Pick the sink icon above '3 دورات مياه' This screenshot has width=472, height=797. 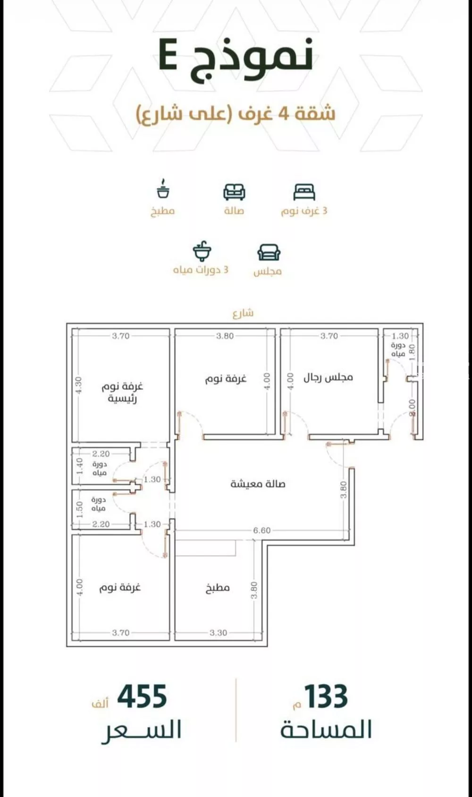202,251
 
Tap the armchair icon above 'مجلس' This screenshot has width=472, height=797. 269,252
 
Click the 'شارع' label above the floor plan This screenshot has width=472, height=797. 243,313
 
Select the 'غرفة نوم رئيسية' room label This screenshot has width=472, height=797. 122,392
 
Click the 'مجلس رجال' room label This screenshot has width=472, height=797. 328,377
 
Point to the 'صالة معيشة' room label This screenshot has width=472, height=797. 258,484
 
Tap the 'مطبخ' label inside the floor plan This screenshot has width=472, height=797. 217,588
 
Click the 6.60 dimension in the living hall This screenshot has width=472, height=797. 261,530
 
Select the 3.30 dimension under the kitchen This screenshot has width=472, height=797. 218,633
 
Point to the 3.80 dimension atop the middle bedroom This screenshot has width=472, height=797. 225,336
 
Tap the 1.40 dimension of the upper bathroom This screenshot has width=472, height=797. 79,466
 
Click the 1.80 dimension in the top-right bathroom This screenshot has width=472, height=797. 412,352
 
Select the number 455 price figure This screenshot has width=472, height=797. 142,697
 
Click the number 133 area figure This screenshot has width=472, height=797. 326,697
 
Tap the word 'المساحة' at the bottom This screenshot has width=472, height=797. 326,730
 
